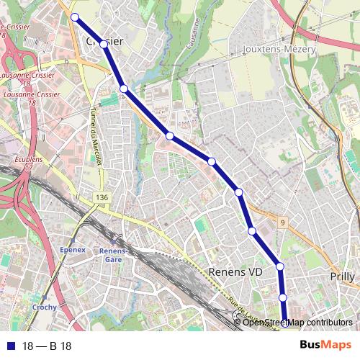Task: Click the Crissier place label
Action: click(x=105, y=41)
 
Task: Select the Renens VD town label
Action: click(x=236, y=271)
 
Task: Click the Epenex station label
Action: click(x=73, y=249)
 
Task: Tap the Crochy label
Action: click(x=45, y=305)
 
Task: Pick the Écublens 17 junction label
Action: click(x=28, y=162)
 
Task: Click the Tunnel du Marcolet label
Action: click(x=94, y=137)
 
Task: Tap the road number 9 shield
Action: click(x=283, y=223)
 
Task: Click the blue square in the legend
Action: click(x=9, y=346)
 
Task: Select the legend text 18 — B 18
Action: click(x=46, y=346)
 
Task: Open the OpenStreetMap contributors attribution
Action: click(x=297, y=322)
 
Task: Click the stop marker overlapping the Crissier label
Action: click(x=104, y=45)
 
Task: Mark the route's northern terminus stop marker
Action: click(x=74, y=16)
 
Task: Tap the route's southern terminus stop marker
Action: click(x=284, y=322)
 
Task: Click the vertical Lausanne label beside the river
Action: click(x=196, y=32)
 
